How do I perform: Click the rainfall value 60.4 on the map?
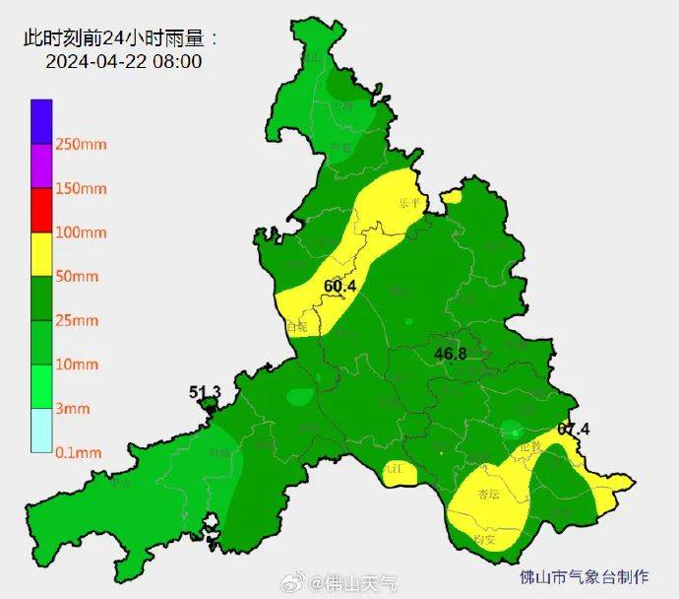339,287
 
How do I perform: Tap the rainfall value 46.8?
450,353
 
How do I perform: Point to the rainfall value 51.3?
205,393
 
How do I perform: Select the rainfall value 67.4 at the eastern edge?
573,430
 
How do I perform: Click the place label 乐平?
408,204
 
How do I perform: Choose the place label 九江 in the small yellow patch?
395,470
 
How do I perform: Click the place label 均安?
483,539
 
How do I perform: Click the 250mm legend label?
81,145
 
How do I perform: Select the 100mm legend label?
81,233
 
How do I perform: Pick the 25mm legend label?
77,320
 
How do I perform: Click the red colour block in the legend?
40,210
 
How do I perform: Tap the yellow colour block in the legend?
40,254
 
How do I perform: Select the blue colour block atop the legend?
40,121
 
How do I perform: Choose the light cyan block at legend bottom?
40,431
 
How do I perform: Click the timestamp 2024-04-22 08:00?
123,61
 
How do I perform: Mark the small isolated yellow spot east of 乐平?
452,197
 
